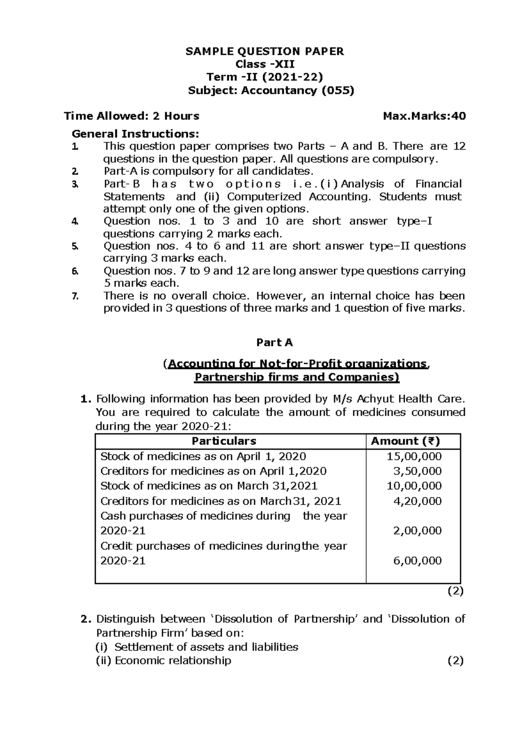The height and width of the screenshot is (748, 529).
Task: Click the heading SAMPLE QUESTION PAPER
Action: [x=264, y=52]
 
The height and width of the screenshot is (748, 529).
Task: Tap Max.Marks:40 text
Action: [x=424, y=116]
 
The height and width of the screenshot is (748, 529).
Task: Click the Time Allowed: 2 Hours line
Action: [x=131, y=116]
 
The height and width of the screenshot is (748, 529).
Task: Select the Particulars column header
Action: [x=224, y=441]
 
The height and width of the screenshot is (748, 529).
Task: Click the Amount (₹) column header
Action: [x=405, y=441]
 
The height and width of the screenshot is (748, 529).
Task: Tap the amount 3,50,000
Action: [x=417, y=471]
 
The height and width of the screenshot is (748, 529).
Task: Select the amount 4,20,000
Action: [x=417, y=501]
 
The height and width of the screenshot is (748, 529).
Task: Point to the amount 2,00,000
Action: [x=417, y=531]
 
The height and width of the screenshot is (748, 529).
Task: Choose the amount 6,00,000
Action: [x=417, y=561]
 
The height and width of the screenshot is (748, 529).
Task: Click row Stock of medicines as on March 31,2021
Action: [x=209, y=486]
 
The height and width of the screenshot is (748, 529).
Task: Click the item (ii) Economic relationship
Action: [x=164, y=661]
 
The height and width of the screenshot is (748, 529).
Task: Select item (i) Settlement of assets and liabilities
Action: [x=197, y=647]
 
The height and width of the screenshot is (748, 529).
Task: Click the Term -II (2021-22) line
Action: [x=264, y=77]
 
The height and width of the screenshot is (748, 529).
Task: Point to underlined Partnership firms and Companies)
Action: [x=297, y=378]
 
